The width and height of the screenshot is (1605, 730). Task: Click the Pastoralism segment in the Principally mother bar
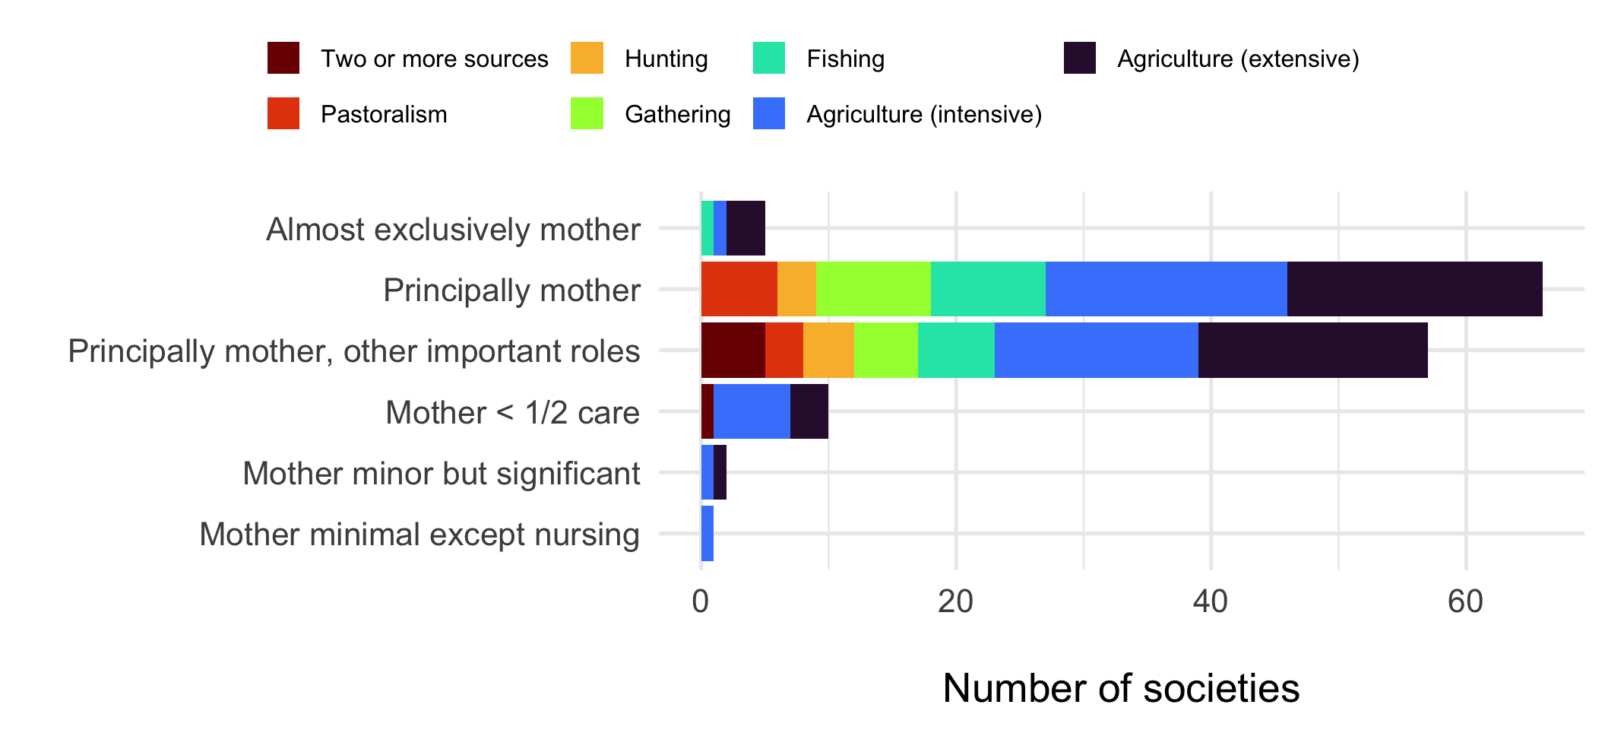pyautogui.click(x=739, y=289)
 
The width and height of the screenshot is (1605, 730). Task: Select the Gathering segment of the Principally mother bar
pyautogui.click(x=873, y=289)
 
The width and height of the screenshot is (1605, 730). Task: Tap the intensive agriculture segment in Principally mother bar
pyautogui.click(x=1166, y=289)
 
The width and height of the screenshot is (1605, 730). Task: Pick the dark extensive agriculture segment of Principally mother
pyautogui.click(x=1414, y=289)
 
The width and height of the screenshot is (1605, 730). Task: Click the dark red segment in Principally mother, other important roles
pyautogui.click(x=733, y=350)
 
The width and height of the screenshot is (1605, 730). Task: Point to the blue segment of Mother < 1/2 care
pyautogui.click(x=752, y=411)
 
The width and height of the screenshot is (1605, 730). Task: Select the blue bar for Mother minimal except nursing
pyautogui.click(x=708, y=533)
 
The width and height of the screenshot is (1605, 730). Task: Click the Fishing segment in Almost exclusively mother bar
pyautogui.click(x=708, y=228)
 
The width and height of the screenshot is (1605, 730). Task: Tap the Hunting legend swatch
pyautogui.click(x=587, y=59)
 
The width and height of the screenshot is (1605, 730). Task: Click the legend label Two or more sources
pyautogui.click(x=434, y=59)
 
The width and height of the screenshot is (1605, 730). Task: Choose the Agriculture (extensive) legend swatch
pyautogui.click(x=1079, y=59)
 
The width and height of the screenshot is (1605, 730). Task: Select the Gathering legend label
pyautogui.click(x=677, y=114)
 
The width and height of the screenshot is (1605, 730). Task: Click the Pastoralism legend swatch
pyautogui.click(x=283, y=114)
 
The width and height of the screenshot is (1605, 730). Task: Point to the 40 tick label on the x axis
pyautogui.click(x=1210, y=602)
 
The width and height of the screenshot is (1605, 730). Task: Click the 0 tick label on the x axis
pyautogui.click(x=700, y=602)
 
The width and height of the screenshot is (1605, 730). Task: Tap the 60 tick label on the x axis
pyautogui.click(x=1465, y=602)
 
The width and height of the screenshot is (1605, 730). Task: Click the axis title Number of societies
pyautogui.click(x=1121, y=688)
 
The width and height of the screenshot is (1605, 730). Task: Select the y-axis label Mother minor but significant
pyautogui.click(x=441, y=473)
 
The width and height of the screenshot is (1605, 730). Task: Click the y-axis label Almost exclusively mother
pyautogui.click(x=453, y=229)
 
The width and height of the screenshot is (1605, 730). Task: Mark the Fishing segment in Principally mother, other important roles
pyautogui.click(x=956, y=350)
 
